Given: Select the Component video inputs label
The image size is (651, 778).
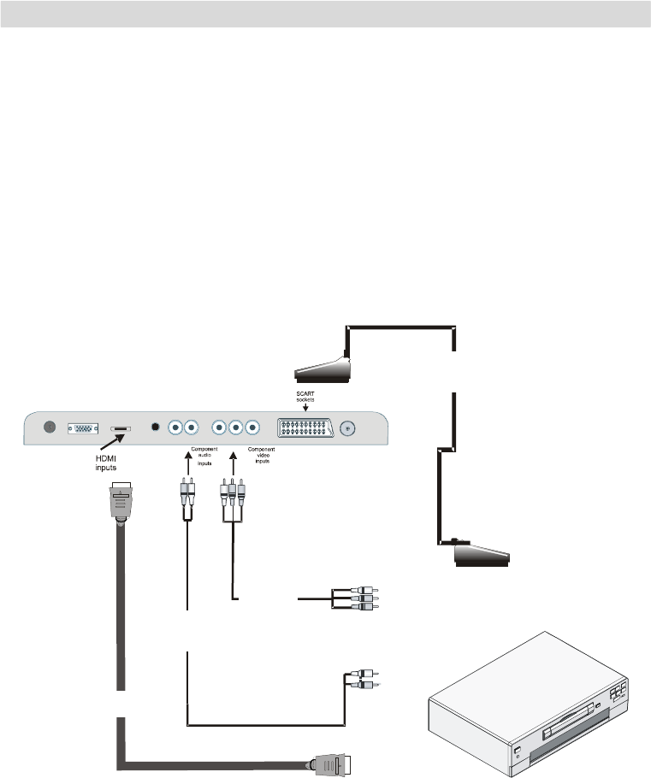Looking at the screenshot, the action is [261, 458].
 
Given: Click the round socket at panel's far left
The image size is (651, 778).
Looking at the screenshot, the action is [48, 427].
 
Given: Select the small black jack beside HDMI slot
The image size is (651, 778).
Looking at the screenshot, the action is [155, 427].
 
